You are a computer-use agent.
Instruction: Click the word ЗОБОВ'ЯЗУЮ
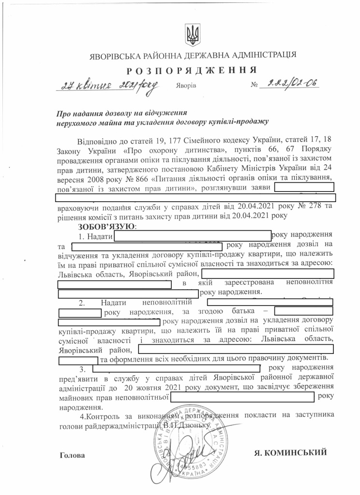[107, 226]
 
